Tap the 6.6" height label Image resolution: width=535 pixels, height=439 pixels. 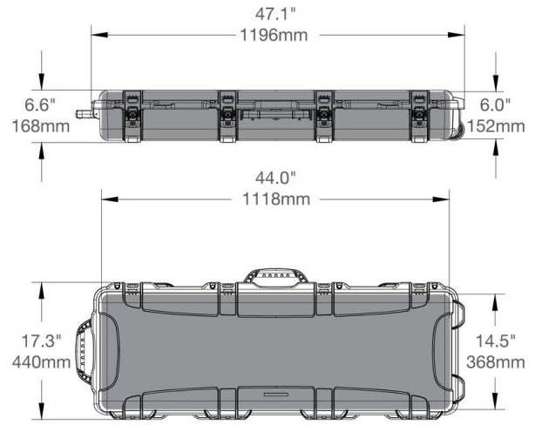tap(40, 105)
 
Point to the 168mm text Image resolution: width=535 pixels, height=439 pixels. tap(40, 126)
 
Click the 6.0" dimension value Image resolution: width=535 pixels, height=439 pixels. tap(498, 105)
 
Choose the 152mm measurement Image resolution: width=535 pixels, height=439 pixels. tap(498, 126)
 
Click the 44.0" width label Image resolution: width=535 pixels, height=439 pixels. tap(275, 178)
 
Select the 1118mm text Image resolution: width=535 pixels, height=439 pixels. tap(275, 199)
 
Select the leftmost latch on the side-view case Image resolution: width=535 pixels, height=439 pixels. tap(133, 114)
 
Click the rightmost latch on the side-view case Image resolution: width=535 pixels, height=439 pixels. tap(420, 114)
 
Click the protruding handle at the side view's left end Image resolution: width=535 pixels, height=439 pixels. tap(85, 113)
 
